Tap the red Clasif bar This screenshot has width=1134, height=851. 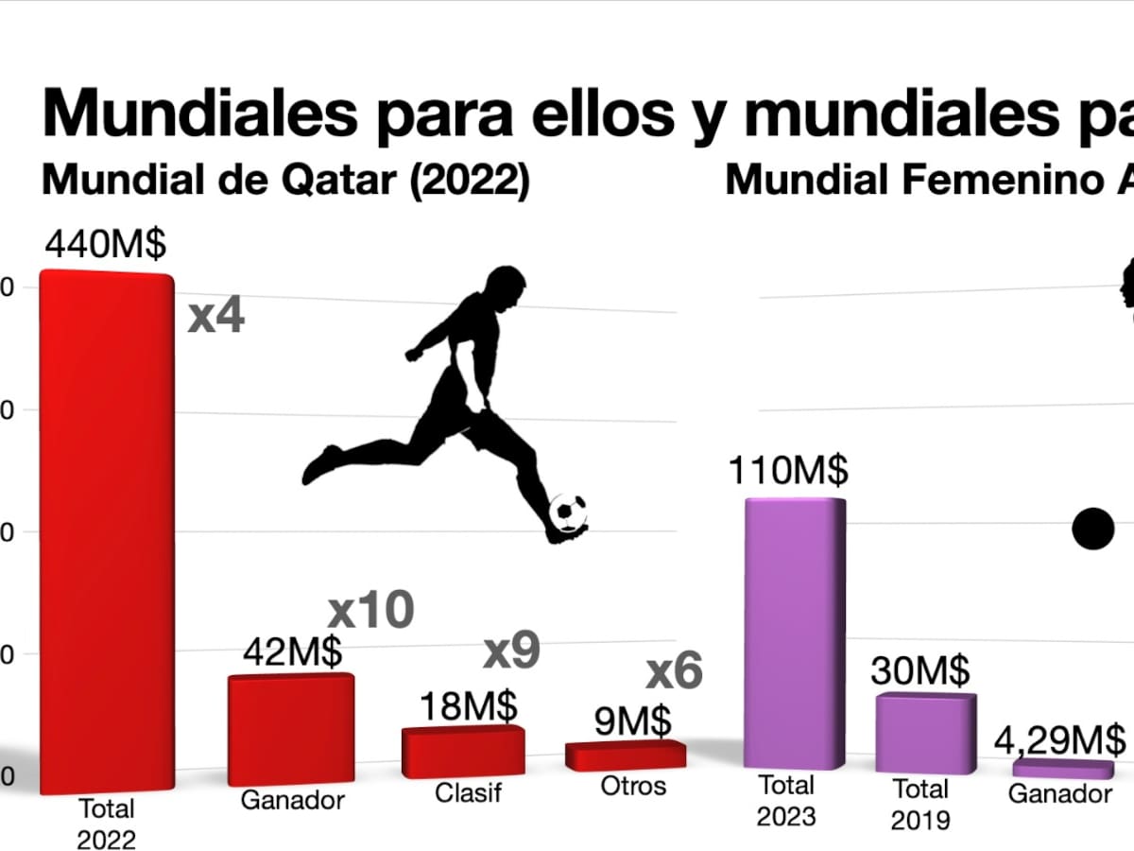463,753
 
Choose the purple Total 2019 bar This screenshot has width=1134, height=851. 925,734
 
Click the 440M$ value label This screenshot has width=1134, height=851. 105,245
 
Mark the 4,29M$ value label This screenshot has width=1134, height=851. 1059,738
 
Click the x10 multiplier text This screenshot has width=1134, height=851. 370,611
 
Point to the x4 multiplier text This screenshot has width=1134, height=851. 216,316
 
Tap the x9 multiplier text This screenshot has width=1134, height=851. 511,651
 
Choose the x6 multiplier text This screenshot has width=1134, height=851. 675,672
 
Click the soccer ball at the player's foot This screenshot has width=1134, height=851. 568,512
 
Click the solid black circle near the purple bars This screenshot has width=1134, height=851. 1093,529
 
